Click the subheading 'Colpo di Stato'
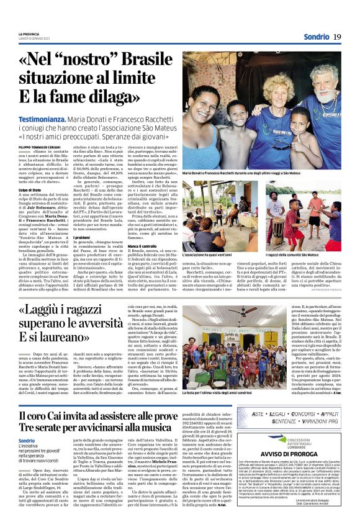point(30,189)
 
